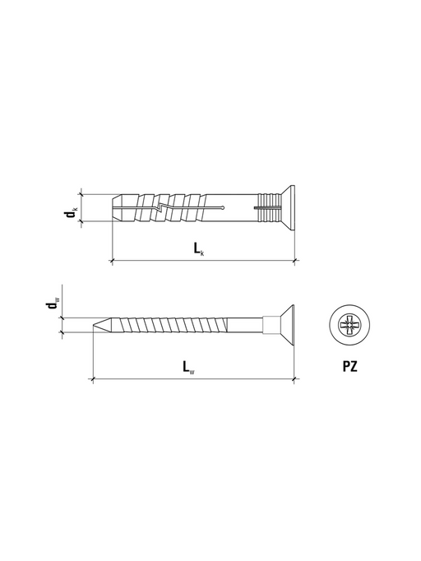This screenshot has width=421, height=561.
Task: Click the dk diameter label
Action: point(70,213)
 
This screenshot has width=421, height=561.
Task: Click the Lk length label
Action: point(199,248)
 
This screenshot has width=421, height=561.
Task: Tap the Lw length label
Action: point(188,367)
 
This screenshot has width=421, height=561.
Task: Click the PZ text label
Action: point(349,366)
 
